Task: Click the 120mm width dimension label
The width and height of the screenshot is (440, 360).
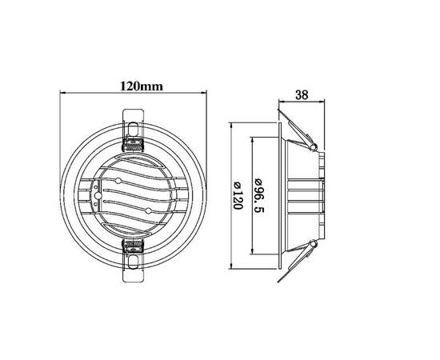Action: [x=142, y=86]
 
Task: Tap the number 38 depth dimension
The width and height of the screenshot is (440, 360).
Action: [x=302, y=95]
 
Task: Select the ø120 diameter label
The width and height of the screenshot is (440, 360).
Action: [x=238, y=195]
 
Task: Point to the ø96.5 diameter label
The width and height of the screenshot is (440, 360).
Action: [x=259, y=195]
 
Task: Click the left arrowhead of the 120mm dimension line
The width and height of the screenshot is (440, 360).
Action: [x=63, y=93]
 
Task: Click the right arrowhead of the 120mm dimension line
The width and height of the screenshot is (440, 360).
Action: [x=204, y=93]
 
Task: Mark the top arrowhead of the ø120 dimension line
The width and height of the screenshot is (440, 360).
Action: [x=231, y=125]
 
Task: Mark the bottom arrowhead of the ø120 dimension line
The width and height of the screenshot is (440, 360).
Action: [x=231, y=266]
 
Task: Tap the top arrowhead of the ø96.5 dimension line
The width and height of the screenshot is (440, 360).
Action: [x=253, y=140]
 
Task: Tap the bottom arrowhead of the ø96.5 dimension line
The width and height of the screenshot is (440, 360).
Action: [x=253, y=251]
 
